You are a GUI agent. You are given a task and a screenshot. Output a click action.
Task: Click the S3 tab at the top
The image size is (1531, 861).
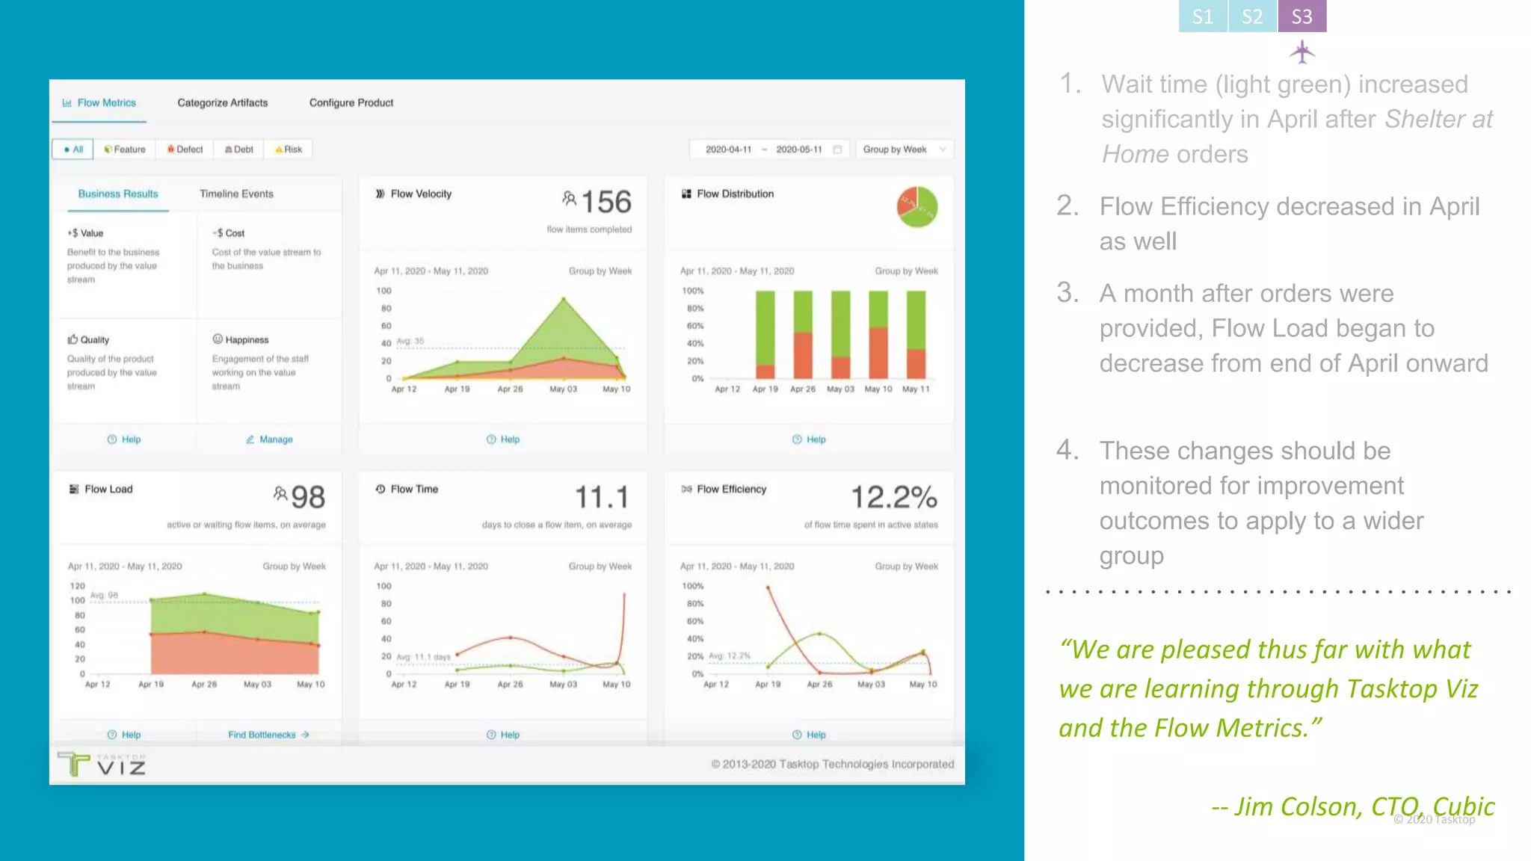tap(1301, 16)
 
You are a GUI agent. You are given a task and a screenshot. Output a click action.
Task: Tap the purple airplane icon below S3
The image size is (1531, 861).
tap(1301, 52)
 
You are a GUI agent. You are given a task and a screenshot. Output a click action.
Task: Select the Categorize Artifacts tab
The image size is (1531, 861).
tap(222, 102)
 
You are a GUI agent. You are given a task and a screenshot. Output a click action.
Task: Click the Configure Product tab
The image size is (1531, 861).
tap(351, 102)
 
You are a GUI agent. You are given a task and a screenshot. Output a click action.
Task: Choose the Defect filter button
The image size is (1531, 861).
tap(185, 149)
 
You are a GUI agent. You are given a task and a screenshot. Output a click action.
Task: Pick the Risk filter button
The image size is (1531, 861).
tap(289, 149)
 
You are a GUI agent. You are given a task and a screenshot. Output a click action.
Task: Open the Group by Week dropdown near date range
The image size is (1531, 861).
tap(904, 149)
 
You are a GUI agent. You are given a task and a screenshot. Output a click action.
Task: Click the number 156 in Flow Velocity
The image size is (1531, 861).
tap(606, 202)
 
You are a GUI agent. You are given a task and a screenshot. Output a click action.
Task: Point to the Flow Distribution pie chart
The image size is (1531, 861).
tap(917, 207)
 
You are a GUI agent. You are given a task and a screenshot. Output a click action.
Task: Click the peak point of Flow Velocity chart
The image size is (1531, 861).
tap(564, 299)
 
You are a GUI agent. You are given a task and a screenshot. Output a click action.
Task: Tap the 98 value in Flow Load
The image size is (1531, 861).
tap(307, 497)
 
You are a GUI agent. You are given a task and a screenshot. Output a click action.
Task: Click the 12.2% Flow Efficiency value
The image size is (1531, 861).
tap(894, 497)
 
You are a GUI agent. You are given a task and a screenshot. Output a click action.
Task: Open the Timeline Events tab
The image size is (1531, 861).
tap(236, 194)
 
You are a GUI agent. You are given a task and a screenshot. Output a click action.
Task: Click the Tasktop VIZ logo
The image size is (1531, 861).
tap(102, 765)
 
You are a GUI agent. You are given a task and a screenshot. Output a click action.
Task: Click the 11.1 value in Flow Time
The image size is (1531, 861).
tap(602, 497)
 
